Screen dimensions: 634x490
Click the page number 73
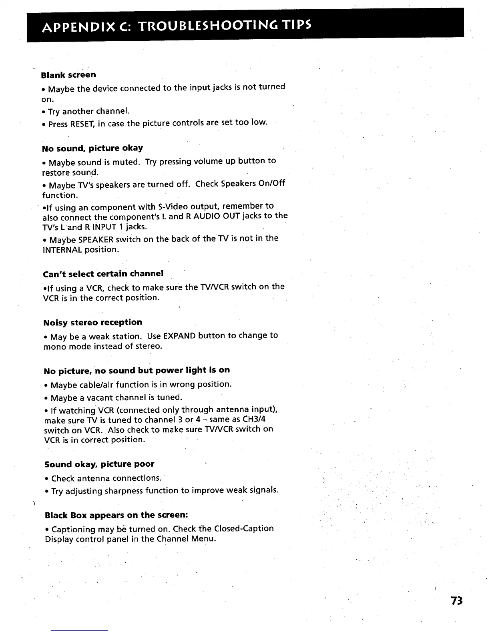pos(456,601)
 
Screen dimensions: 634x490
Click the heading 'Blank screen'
pos(68,75)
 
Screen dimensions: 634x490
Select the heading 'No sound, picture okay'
pos(92,148)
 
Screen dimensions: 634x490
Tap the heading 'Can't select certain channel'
pos(103,273)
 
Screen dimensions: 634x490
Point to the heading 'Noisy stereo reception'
pos(92,322)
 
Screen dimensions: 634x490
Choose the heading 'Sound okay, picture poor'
pos(99,464)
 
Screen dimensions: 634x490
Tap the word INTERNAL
pos(62,250)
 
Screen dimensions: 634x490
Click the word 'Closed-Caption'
pos(244,528)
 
